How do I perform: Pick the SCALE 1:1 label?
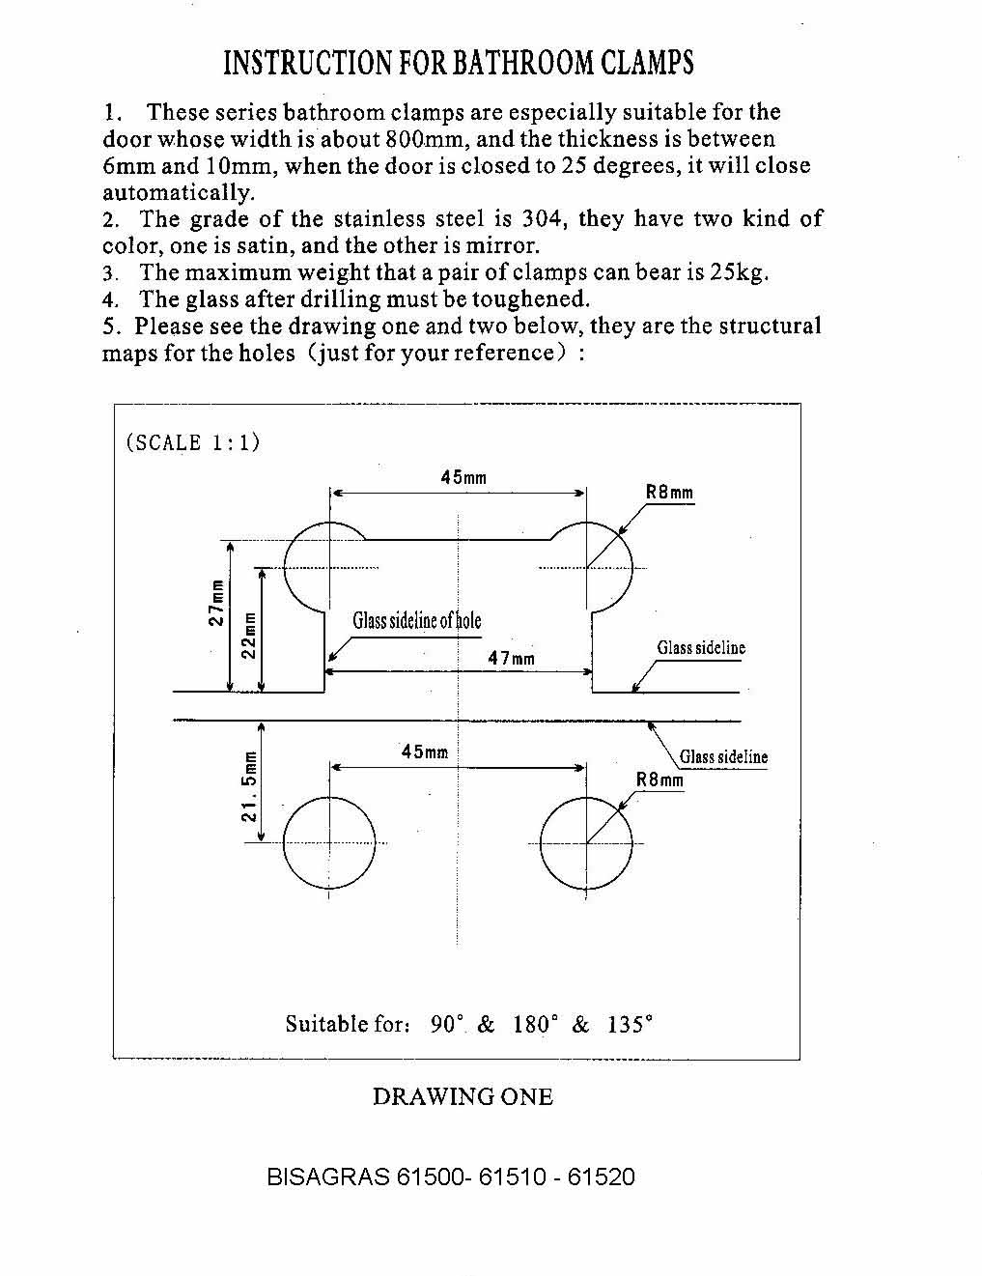tap(192, 442)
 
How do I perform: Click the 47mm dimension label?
tap(511, 658)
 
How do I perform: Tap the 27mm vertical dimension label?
tap(217, 603)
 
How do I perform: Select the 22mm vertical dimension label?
tap(249, 636)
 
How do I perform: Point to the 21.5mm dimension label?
tap(249, 786)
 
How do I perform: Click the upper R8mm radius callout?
tap(669, 492)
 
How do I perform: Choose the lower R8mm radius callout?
tap(659, 780)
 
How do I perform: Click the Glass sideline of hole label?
tap(417, 621)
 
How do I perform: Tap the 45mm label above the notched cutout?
tap(463, 477)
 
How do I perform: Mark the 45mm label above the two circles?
tap(425, 751)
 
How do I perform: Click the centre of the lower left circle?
tap(329, 843)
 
